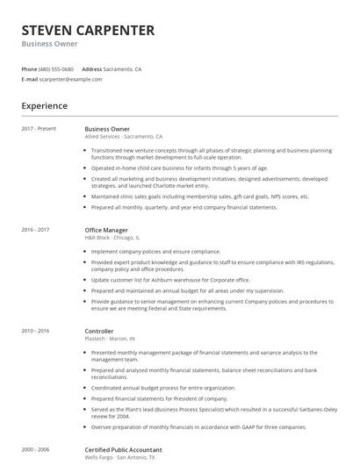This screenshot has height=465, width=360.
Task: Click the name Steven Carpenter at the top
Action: tap(88, 30)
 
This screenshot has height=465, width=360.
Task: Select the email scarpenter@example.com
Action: tap(71, 79)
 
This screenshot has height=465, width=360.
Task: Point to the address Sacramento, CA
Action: tap(124, 68)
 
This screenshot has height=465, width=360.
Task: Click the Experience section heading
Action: tap(45, 105)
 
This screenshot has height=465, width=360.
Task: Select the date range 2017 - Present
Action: tap(40, 129)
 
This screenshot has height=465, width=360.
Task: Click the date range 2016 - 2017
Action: tap(36, 230)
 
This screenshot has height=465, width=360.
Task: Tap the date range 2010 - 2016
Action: tap(36, 331)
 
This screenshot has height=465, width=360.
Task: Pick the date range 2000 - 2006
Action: tap(36, 449)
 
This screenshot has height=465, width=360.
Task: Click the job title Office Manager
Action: tap(106, 230)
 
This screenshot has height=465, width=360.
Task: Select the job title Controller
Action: tap(100, 331)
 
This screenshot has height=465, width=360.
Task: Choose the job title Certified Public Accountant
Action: tap(124, 449)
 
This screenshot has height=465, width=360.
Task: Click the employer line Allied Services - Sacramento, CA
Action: tap(124, 137)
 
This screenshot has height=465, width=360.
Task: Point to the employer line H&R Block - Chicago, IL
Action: tap(112, 238)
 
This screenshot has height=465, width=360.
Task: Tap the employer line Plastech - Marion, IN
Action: tap(110, 339)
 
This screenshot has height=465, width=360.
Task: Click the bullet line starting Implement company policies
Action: tap(155, 251)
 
